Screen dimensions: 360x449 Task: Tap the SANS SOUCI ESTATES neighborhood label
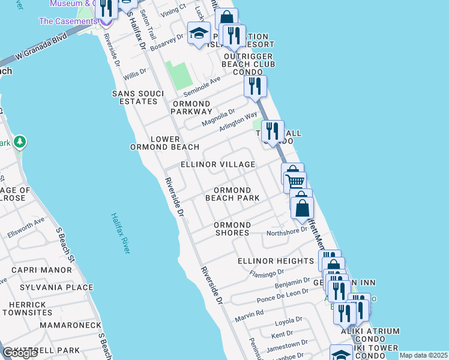click(134, 97)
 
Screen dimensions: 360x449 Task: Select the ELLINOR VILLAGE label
click(218, 164)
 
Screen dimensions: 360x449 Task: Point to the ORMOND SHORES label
click(232, 229)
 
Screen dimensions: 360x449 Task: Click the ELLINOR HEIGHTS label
click(276, 261)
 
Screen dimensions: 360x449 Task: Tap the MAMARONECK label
click(71, 325)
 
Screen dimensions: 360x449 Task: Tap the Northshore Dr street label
click(286, 233)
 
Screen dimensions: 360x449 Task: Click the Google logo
click(20, 353)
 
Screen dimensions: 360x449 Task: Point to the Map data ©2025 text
click(423, 355)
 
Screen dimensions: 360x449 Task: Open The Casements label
click(67, 21)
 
